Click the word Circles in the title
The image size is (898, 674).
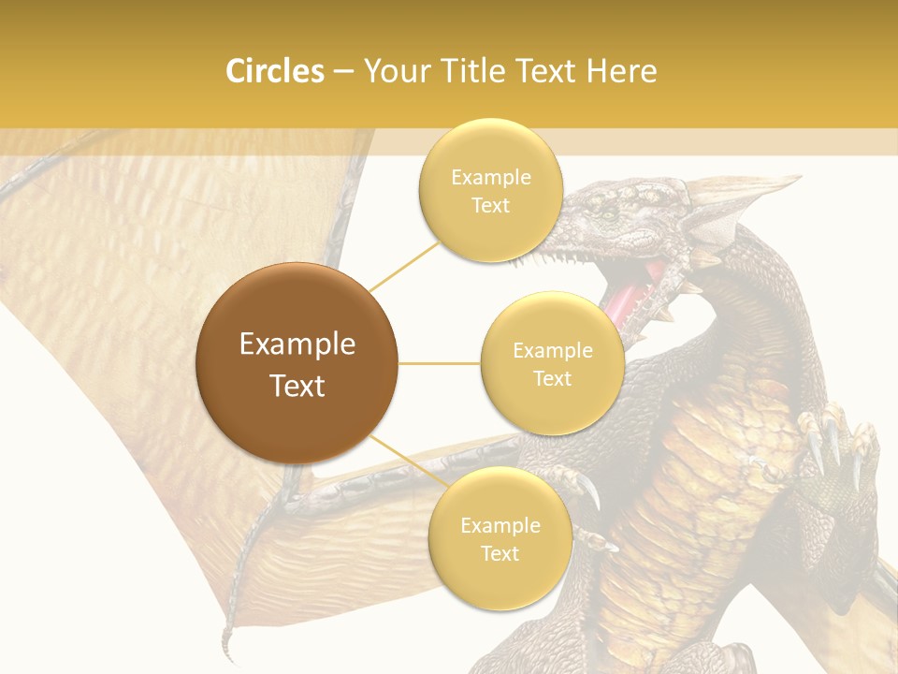pyautogui.click(x=274, y=71)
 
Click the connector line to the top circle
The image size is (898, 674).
pyautogui.click(x=404, y=266)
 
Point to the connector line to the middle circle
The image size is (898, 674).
pyautogui.click(x=440, y=363)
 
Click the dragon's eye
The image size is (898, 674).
pyautogui.click(x=610, y=214)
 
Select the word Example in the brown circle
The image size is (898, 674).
pyautogui.click(x=297, y=344)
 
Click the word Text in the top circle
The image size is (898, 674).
pyautogui.click(x=490, y=206)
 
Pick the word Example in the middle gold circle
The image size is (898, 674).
pyautogui.click(x=553, y=351)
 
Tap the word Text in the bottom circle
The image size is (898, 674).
pyautogui.click(x=500, y=553)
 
